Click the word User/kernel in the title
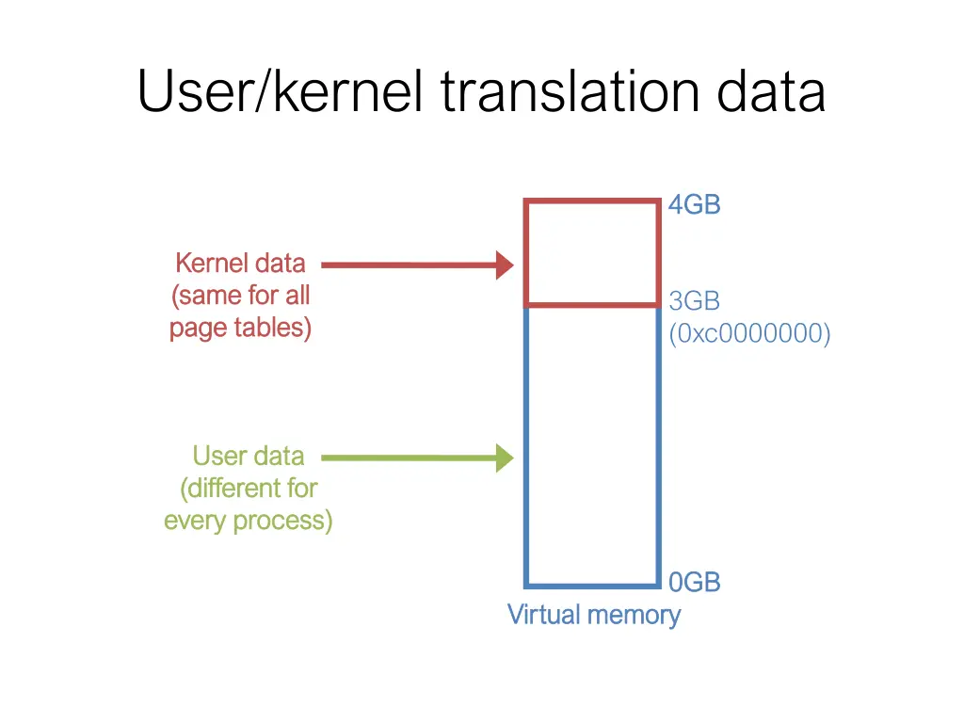(281, 93)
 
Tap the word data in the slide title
(771, 93)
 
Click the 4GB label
(694, 204)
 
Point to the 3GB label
(694, 301)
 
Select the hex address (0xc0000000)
(749, 334)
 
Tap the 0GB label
(694, 583)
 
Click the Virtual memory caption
(593, 615)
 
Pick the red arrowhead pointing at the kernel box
(505, 265)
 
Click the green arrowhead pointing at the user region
(505, 458)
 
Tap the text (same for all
(240, 296)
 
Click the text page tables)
(240, 328)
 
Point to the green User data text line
(248, 457)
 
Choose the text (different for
(248, 489)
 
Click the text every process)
(248, 521)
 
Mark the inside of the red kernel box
(591, 253)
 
